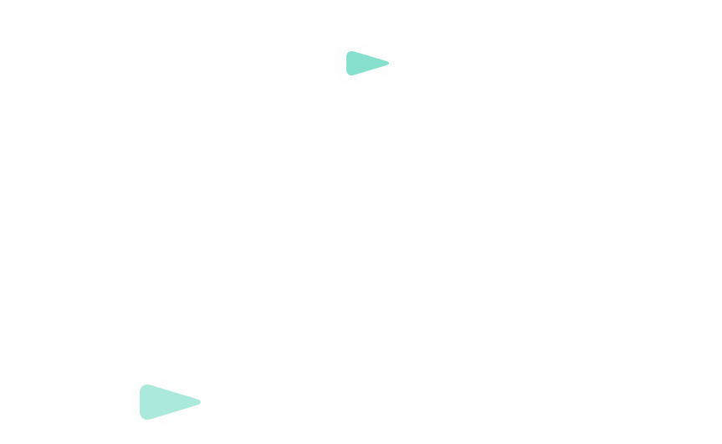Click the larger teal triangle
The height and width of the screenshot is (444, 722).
tap(166, 402)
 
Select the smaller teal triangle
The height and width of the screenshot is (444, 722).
tap(364, 64)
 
